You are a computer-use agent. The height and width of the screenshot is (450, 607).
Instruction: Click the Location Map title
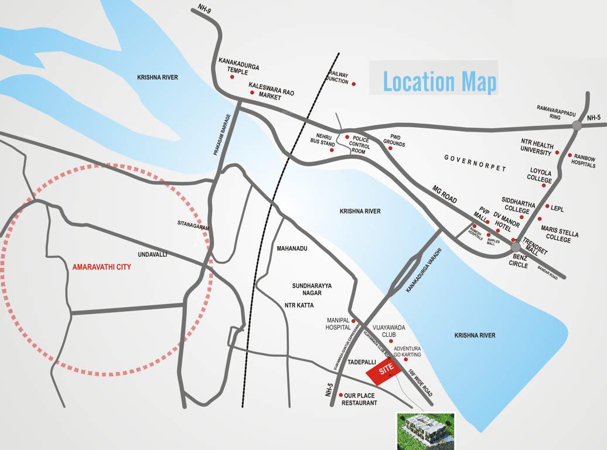click(x=439, y=81)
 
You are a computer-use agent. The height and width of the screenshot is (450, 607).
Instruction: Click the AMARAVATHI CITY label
click(x=101, y=267)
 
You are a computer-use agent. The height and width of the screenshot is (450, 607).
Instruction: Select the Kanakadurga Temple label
click(x=238, y=65)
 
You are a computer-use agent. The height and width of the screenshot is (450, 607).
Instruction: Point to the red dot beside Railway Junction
click(x=353, y=84)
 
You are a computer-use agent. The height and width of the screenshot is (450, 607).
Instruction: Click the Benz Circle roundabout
click(x=516, y=247)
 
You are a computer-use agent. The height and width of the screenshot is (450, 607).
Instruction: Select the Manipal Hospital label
click(x=338, y=323)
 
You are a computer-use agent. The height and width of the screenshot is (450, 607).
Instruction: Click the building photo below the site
click(x=426, y=431)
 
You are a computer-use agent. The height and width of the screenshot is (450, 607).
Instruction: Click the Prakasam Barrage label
click(x=221, y=134)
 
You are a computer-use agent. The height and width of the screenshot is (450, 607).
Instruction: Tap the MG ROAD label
click(x=444, y=195)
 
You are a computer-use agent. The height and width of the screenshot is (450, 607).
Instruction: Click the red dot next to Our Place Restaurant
click(x=341, y=395)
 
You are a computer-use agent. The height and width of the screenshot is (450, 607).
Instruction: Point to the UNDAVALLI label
click(x=152, y=255)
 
